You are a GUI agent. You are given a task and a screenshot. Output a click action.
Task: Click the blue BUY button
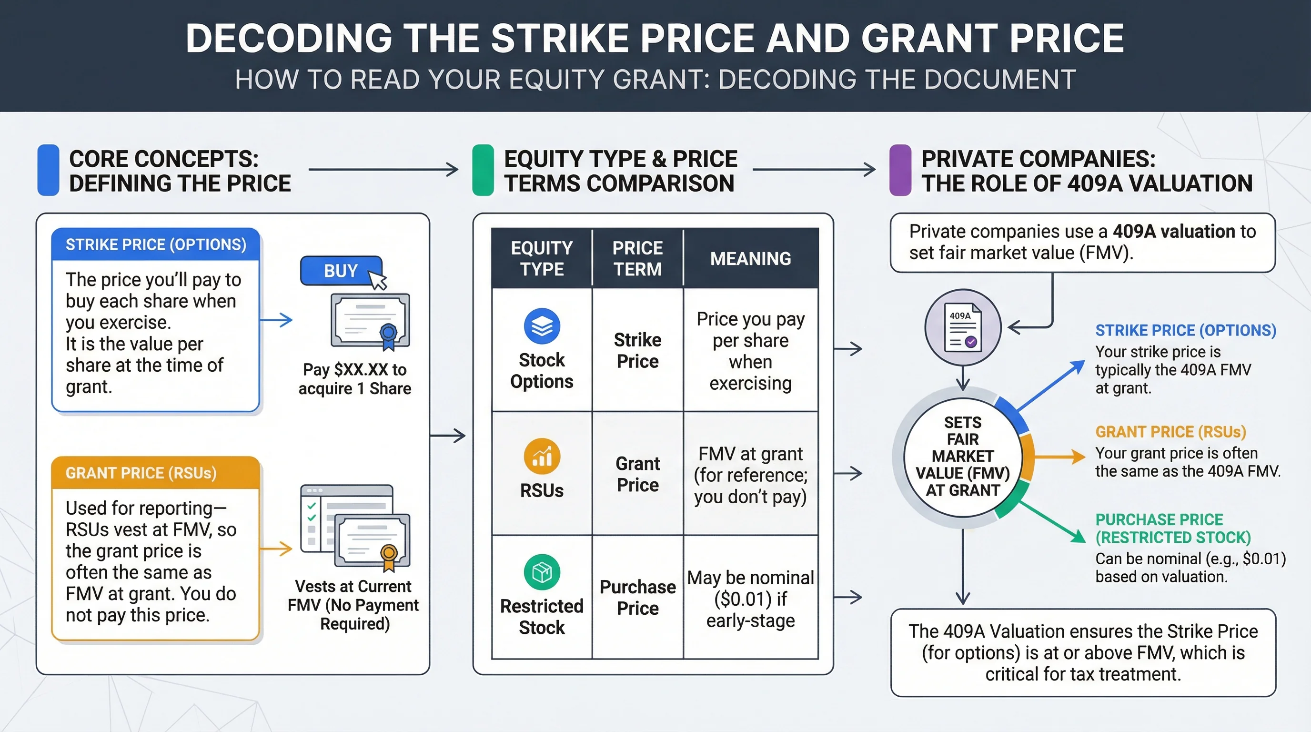pos(341,270)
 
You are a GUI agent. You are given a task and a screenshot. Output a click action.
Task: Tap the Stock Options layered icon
pos(542,326)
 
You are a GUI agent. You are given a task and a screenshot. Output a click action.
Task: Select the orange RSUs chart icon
pos(542,456)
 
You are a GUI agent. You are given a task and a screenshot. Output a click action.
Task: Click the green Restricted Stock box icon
pos(542,572)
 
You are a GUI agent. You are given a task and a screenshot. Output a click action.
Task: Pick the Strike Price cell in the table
pos(638,350)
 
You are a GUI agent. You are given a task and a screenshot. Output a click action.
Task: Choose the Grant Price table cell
pos(638,474)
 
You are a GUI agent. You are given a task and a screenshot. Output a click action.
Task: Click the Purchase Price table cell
pos(638,597)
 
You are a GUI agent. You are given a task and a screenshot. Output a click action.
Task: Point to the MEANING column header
pos(751,259)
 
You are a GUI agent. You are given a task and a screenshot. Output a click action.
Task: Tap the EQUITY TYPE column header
pos(542,259)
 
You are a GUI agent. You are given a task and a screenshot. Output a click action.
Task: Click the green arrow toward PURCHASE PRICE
pos(1052,522)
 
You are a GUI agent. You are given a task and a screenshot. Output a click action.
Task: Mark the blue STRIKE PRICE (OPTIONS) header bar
pos(156,244)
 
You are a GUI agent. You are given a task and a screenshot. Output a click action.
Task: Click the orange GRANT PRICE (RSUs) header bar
pos(156,473)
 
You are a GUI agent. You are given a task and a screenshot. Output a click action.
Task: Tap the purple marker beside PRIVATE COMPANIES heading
pos(900,170)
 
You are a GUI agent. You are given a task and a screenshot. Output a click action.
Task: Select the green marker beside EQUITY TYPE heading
pos(483,170)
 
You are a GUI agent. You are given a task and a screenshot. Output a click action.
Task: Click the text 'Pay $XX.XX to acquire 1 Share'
pos(355,379)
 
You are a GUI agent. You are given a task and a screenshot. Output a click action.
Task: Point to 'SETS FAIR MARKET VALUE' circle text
pos(963,456)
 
